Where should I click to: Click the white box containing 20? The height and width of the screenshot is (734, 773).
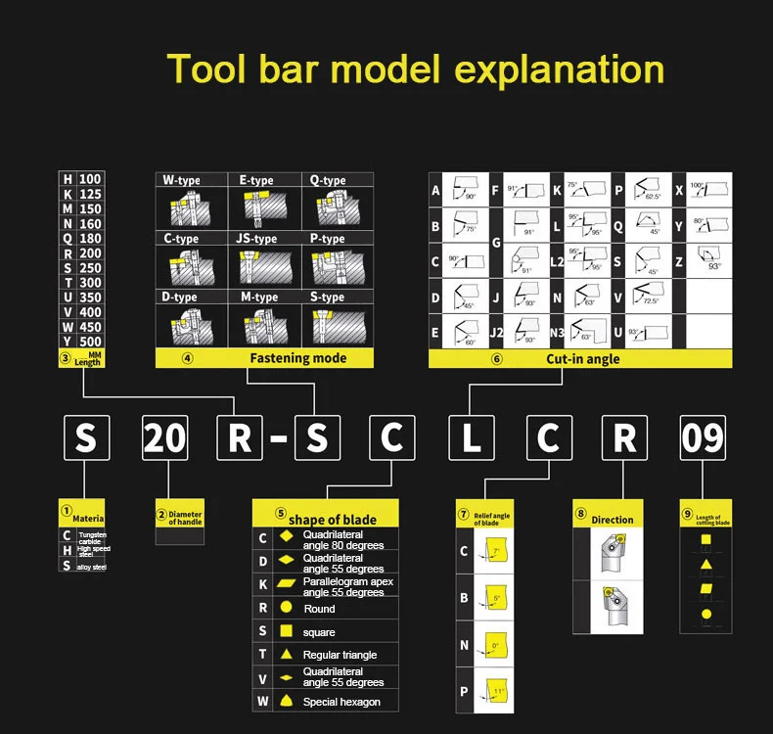pos(163,437)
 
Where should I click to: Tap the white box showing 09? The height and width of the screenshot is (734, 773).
pos(705,437)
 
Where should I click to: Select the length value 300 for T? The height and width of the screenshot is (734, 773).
pos(90,283)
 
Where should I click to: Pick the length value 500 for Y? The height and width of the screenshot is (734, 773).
pos(90,342)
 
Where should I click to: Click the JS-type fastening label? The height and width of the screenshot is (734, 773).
pos(256,239)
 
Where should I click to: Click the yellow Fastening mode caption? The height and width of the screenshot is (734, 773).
pos(297,358)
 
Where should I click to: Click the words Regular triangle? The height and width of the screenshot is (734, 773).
pos(340,655)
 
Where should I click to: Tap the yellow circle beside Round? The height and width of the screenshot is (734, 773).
pos(287,608)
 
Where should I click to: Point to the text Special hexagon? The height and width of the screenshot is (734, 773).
pos(341,702)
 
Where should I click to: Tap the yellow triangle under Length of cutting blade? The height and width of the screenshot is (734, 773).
pos(705,565)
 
